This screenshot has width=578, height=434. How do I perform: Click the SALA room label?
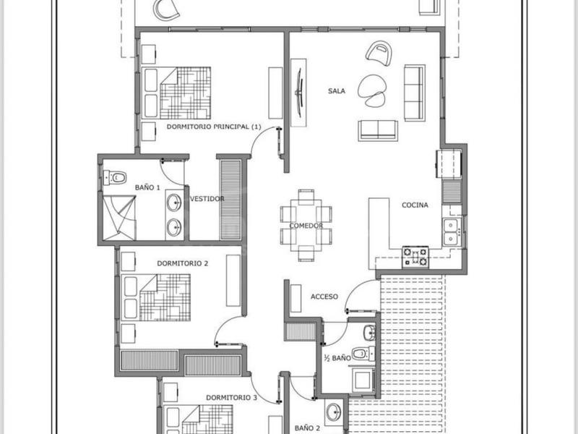337,91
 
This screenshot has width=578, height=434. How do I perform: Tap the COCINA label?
415,205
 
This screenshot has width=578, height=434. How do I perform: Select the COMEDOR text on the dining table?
306,226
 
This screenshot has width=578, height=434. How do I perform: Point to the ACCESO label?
324,297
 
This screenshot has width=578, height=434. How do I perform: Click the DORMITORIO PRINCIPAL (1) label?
214,127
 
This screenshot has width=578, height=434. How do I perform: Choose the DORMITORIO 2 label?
183,263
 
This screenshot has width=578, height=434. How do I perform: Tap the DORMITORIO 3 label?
231,398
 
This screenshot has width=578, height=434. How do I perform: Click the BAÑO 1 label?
147,187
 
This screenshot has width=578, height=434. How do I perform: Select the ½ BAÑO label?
337,358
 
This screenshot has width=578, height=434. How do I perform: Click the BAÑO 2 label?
307,428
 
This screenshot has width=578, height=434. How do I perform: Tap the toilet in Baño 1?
115,177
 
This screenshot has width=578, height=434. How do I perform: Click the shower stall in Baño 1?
119,218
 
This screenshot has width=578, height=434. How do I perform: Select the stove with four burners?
415,257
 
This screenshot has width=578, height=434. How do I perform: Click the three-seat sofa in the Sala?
415,93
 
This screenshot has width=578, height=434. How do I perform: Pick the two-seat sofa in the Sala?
378,131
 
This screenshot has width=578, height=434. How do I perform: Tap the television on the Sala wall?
298,93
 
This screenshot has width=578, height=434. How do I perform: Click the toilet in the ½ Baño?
363,354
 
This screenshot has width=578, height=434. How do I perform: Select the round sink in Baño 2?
334,412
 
